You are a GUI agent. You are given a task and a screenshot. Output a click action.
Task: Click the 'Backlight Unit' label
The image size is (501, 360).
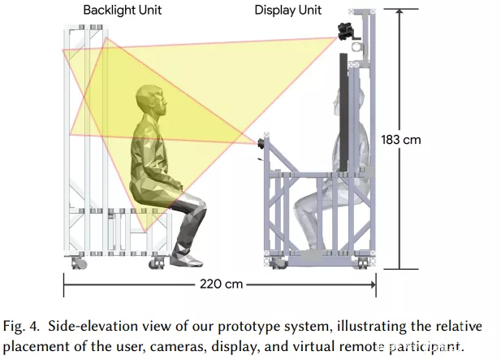(123, 11)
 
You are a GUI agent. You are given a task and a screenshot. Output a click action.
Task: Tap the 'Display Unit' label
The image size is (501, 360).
(287, 11)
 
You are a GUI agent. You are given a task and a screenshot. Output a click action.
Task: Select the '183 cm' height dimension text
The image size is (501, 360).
(401, 140)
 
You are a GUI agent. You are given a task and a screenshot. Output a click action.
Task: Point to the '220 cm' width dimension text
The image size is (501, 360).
(221, 284)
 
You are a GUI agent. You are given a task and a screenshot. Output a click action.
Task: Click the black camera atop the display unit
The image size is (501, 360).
(346, 32)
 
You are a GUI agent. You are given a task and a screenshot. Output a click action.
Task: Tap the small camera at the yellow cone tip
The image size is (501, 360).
(261, 144)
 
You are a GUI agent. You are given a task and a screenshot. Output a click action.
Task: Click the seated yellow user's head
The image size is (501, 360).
(152, 102)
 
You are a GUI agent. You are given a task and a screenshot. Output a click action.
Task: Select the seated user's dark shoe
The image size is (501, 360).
(186, 259)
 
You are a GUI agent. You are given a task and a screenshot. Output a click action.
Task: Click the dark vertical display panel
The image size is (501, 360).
(343, 112)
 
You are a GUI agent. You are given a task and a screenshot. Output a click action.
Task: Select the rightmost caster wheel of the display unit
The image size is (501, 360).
(363, 263)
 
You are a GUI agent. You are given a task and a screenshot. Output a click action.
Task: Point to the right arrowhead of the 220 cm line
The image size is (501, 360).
(373, 284)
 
